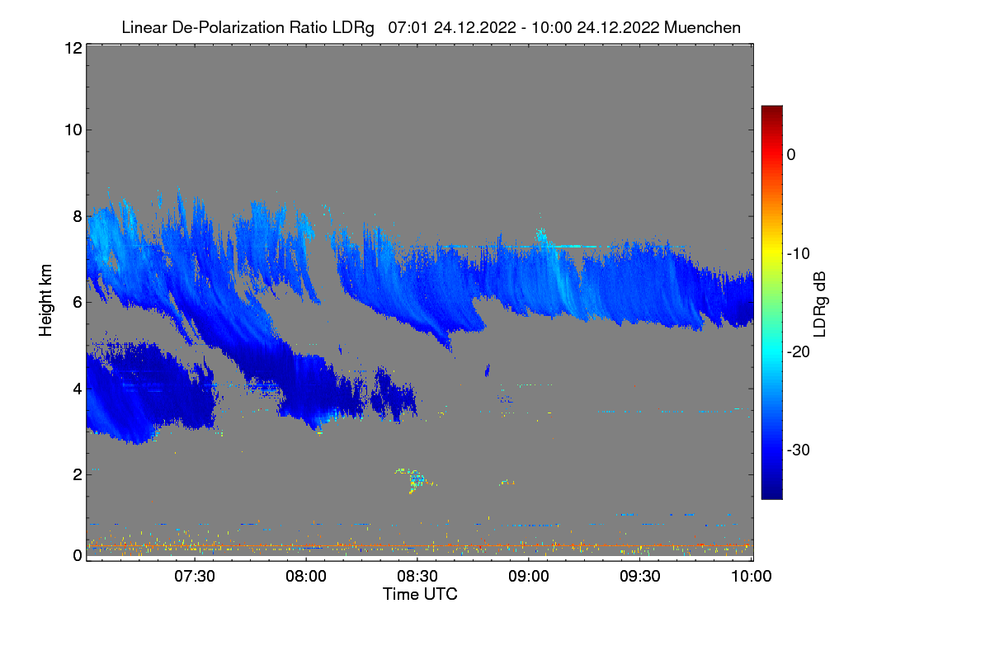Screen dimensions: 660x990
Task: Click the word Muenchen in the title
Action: pyautogui.click(x=702, y=27)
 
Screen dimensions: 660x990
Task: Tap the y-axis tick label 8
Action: pyautogui.click(x=75, y=216)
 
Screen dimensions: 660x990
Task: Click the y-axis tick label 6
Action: pyautogui.click(x=75, y=302)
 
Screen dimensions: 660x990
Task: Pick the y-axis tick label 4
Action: pyautogui.click(x=75, y=388)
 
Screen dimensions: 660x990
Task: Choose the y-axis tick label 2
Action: pyautogui.click(x=75, y=474)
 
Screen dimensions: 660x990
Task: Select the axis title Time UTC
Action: pyautogui.click(x=420, y=594)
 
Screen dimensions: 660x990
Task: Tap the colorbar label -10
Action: pyautogui.click(x=797, y=253)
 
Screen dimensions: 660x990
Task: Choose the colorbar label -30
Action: pyautogui.click(x=797, y=450)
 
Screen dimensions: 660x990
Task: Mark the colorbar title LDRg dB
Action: pyautogui.click(x=820, y=302)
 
